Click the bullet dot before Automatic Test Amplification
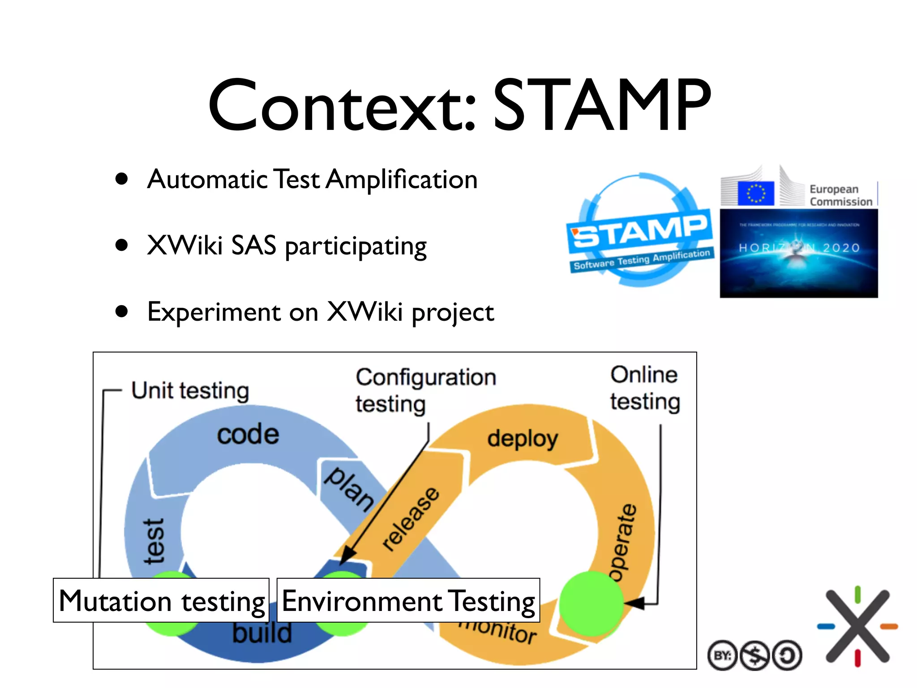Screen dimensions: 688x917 [x=121, y=179]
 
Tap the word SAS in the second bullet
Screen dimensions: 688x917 [x=253, y=246]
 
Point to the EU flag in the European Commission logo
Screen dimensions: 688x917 [x=756, y=193]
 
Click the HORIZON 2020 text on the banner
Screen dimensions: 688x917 [x=799, y=248]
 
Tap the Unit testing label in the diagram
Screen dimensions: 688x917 [x=190, y=391]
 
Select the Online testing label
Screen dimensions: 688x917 [x=645, y=388]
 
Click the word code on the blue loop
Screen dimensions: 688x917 [x=248, y=435]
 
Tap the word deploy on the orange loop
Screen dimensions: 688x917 [x=523, y=439]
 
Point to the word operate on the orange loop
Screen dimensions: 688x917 [x=622, y=542]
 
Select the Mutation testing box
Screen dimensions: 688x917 [x=161, y=601]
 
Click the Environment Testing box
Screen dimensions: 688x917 [x=408, y=601]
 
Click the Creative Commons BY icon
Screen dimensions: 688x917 [x=722, y=656]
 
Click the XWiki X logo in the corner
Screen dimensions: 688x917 [x=857, y=626]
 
